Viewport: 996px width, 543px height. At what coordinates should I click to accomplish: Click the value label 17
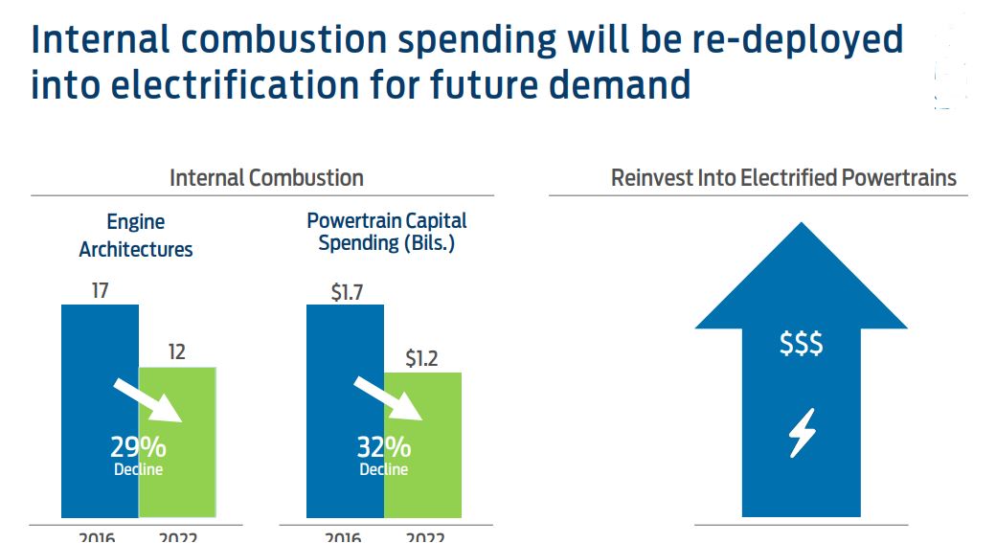(x=100, y=290)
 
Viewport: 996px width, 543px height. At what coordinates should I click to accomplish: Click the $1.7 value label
(x=345, y=291)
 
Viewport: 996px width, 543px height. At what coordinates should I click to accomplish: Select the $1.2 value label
(x=421, y=359)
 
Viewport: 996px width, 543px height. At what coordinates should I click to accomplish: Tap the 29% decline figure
(x=139, y=446)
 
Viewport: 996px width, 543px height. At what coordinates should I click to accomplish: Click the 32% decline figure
(x=384, y=446)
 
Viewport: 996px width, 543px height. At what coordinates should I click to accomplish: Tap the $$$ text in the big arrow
(x=801, y=344)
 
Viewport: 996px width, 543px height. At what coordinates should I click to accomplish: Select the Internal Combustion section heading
(x=266, y=178)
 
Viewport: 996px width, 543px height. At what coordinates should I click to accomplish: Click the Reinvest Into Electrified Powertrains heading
(x=783, y=178)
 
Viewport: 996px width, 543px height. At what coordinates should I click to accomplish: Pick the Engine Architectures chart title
(x=136, y=236)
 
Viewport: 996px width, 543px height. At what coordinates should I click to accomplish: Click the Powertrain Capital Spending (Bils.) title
(x=386, y=232)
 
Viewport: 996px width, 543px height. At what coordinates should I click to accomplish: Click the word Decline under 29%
(x=139, y=469)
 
